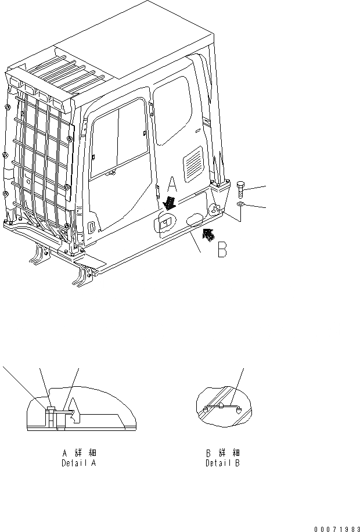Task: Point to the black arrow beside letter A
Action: click(x=170, y=203)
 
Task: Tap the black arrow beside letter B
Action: click(x=206, y=234)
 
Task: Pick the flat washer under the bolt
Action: click(x=242, y=205)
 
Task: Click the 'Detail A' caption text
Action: click(x=79, y=463)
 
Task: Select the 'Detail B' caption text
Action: click(x=222, y=463)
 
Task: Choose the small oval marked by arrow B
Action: click(x=195, y=218)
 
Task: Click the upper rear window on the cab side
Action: click(x=174, y=110)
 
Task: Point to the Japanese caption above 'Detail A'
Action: click(x=79, y=453)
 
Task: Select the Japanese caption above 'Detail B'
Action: click(x=222, y=453)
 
